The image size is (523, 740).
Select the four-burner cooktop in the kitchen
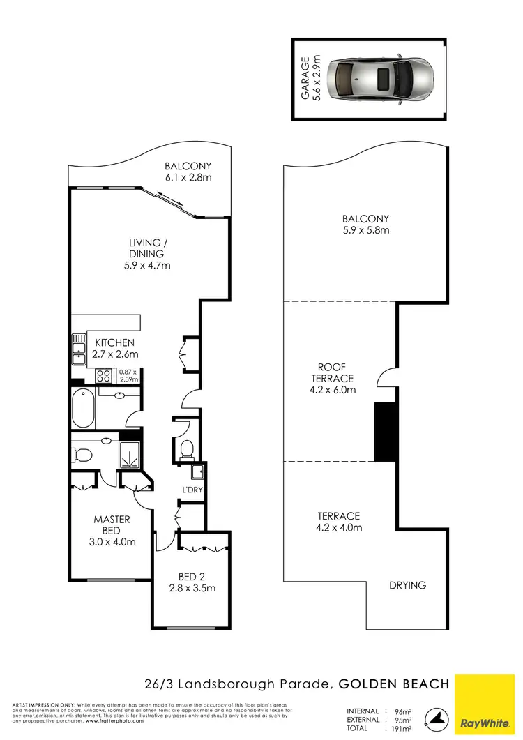(x=103, y=375)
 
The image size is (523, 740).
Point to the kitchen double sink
(x=77, y=350)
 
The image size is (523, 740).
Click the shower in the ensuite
(x=129, y=453)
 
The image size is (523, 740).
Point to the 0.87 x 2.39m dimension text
(x=129, y=375)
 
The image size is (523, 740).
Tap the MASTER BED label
(x=112, y=525)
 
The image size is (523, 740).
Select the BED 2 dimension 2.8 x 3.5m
(x=192, y=588)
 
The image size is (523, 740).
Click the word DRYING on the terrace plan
(x=407, y=585)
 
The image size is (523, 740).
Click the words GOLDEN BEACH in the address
(x=395, y=684)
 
